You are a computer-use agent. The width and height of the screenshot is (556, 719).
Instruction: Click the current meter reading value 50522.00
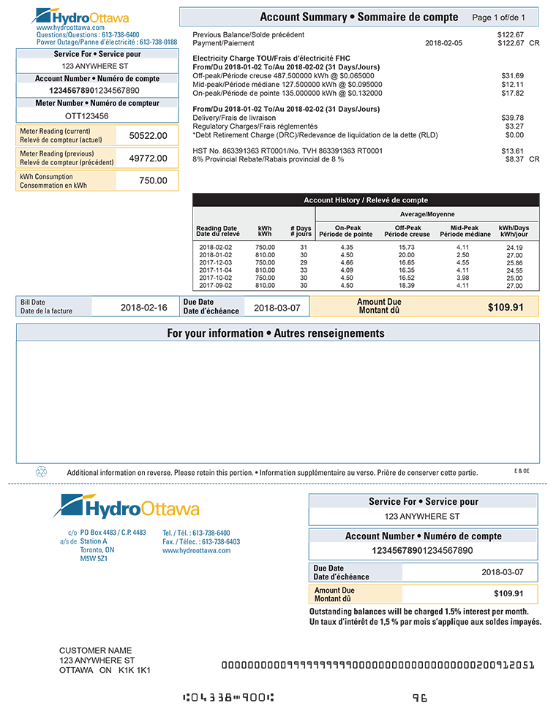(x=148, y=136)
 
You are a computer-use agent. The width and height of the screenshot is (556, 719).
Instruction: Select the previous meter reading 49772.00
(x=148, y=159)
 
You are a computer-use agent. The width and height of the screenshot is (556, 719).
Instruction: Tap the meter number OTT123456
(x=87, y=115)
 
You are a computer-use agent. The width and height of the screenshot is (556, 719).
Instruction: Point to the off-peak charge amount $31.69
(x=512, y=76)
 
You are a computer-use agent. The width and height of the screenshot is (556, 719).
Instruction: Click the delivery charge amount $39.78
(x=512, y=118)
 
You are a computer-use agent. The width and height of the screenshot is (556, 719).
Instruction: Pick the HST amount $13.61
(x=512, y=151)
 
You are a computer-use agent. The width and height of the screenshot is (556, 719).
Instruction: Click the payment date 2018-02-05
(x=443, y=43)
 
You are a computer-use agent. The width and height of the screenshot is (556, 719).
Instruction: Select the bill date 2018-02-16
(x=144, y=308)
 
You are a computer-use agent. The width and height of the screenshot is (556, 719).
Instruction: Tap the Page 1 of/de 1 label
(x=499, y=18)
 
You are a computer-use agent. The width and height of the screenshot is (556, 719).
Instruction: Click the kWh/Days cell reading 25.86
(x=514, y=263)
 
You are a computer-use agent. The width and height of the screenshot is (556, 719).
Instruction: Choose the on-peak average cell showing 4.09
(x=347, y=270)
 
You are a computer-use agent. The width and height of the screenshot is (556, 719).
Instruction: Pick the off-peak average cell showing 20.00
(x=407, y=255)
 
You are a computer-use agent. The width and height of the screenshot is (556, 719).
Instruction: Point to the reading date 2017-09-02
(x=215, y=286)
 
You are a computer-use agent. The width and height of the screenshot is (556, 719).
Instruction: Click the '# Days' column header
(x=301, y=231)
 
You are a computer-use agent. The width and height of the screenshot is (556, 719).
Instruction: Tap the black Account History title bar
(x=366, y=200)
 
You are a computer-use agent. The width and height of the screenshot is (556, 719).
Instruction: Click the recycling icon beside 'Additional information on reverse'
(x=41, y=472)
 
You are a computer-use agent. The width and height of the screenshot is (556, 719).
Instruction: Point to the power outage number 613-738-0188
(x=158, y=42)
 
